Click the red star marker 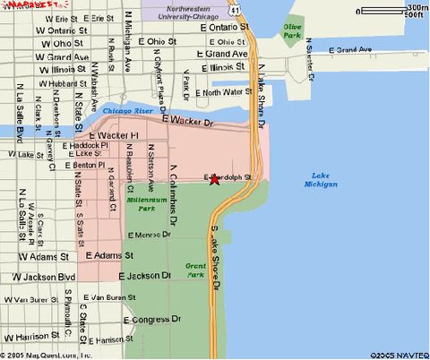(x=214, y=179)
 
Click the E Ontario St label (x=219, y=28)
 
